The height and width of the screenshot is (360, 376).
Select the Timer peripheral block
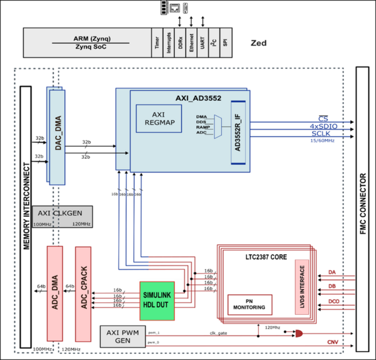click(x=156, y=43)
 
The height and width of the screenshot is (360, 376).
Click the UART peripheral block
click(x=204, y=43)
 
